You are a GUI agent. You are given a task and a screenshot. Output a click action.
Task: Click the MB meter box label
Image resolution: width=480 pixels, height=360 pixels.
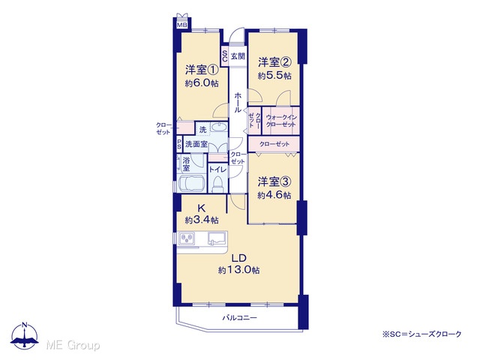coord(182,25)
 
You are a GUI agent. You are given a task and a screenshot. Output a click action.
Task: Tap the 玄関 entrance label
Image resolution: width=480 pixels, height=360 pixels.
coord(238,56)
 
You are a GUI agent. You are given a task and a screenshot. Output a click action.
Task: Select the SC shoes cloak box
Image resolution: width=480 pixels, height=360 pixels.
coord(224,56)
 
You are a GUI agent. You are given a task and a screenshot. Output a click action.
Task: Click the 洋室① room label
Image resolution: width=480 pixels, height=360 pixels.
coord(202,70)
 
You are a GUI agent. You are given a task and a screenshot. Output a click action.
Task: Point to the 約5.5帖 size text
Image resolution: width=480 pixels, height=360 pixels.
coord(274,76)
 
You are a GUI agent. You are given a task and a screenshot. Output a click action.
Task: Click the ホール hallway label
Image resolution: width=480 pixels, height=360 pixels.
coord(238,103)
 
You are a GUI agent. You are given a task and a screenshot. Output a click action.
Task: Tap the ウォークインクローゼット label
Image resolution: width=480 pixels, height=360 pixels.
coord(280,121)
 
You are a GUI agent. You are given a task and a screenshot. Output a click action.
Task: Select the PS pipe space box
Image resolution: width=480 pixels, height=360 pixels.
coord(179,144)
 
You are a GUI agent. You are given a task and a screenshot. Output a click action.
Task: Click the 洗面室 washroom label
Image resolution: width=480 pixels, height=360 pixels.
coord(196,144)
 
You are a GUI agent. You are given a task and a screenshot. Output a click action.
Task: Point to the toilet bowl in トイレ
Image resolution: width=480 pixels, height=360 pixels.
coord(217,184)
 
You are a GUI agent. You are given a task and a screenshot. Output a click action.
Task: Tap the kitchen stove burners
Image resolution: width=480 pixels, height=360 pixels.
coord(187,238)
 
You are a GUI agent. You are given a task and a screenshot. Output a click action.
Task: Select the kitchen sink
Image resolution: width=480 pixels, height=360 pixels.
coord(217,238)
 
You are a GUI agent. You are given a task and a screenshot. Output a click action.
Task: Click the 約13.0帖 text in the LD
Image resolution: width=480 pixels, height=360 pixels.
coord(238,270)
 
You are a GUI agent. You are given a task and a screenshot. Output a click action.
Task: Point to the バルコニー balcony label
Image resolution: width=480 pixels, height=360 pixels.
coord(239,318)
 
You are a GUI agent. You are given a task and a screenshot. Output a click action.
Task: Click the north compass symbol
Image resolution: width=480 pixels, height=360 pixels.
coord(25,336)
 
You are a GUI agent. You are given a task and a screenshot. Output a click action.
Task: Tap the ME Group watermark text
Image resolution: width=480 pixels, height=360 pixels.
coord(73,345)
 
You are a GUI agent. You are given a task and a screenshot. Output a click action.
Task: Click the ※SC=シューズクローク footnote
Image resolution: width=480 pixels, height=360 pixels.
coord(421,334)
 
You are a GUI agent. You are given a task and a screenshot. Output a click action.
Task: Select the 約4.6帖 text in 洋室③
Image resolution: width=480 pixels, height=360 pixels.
coord(274,195)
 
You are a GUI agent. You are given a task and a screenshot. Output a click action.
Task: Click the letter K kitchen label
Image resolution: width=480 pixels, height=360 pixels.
coord(201,208)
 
